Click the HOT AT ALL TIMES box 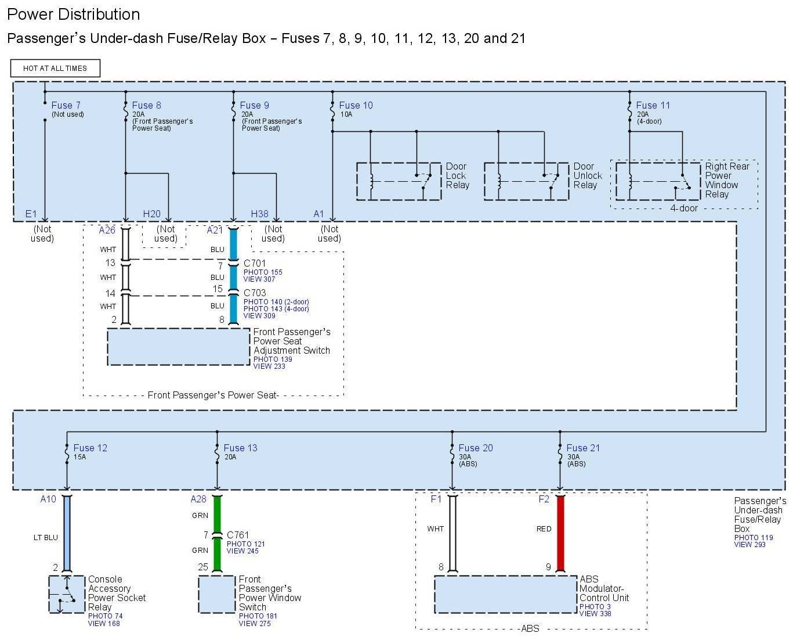click(x=55, y=68)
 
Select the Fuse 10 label click(x=356, y=105)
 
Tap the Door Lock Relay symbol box click(x=399, y=181)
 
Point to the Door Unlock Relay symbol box click(x=526, y=181)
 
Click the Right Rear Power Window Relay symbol click(x=657, y=181)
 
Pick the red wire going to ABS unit click(x=560, y=533)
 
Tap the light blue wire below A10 click(x=67, y=533)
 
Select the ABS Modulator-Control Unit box click(x=505, y=594)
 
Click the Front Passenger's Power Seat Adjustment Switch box click(x=178, y=347)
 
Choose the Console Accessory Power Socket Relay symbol click(x=67, y=594)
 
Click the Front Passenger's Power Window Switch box click(x=217, y=594)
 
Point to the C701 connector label click(x=255, y=263)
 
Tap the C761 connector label click(x=238, y=535)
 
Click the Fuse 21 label click(x=583, y=448)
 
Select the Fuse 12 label click(x=90, y=448)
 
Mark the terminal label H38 click(x=259, y=214)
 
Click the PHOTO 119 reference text click(x=753, y=537)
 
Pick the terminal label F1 click(x=436, y=499)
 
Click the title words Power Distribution click(x=73, y=15)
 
